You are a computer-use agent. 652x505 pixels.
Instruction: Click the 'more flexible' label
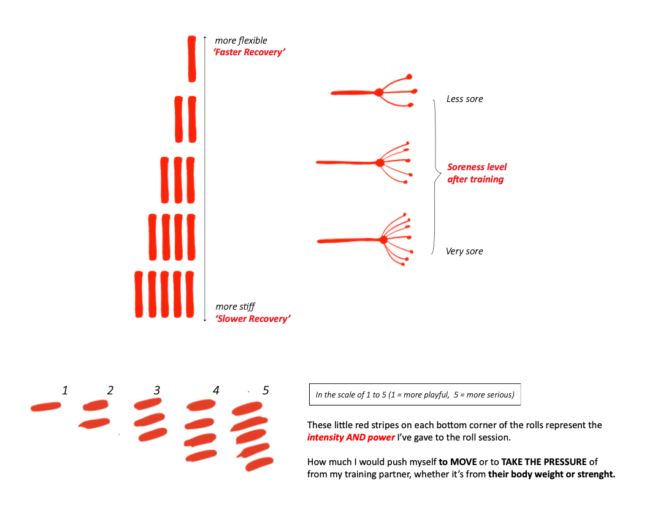click(x=241, y=41)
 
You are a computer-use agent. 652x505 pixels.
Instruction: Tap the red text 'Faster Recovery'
click(x=249, y=52)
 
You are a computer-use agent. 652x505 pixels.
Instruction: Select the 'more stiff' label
click(x=235, y=307)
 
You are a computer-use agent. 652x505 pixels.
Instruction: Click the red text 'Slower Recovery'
click(x=253, y=319)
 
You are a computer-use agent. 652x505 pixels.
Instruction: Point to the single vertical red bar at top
click(x=192, y=59)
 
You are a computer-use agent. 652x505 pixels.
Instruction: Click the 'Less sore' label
click(x=464, y=99)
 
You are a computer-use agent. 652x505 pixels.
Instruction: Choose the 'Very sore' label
click(x=464, y=251)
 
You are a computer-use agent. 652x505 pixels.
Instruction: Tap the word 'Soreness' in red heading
click(x=466, y=167)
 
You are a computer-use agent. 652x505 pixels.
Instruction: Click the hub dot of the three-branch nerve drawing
click(x=378, y=92)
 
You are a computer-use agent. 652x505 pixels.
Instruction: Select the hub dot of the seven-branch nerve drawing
click(x=383, y=240)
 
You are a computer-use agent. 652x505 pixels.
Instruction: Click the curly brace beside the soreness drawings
click(x=435, y=176)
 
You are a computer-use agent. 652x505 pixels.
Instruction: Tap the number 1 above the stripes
click(x=65, y=390)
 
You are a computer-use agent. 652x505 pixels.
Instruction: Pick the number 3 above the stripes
click(x=157, y=390)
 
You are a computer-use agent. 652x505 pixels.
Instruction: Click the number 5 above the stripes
click(x=266, y=390)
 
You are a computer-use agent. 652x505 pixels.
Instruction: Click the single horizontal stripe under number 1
click(x=46, y=407)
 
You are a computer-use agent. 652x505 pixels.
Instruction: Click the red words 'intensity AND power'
click(x=351, y=437)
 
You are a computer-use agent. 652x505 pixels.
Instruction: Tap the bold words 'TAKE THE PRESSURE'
click(x=544, y=462)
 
